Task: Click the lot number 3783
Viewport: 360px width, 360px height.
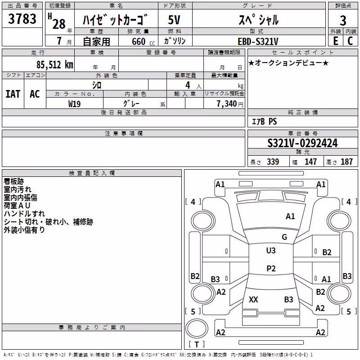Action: pos(22,19)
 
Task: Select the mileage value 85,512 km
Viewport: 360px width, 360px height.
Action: pos(55,65)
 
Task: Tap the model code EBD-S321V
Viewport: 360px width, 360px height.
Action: pos(258,41)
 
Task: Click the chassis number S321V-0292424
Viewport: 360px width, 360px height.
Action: pos(302,143)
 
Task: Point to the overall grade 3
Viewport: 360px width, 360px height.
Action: pos(343,21)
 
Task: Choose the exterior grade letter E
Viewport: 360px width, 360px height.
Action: pos(335,41)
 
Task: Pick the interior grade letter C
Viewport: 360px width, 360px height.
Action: pos(350,41)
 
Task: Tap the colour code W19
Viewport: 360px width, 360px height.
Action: pos(74,104)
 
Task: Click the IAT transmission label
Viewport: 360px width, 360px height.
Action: pos(13,94)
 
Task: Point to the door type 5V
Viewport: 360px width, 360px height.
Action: pos(174,20)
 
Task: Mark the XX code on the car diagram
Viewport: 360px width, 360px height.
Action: pos(253,299)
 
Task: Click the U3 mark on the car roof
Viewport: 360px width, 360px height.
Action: pos(271,250)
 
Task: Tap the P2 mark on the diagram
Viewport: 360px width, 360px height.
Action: pos(271,268)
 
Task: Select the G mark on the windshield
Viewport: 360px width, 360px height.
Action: pos(284,237)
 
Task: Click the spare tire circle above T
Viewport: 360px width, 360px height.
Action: pos(197,328)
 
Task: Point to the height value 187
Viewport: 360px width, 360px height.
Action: pos(346,162)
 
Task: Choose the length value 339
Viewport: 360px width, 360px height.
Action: pos(273,162)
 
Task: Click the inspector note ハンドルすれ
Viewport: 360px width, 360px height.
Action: pos(24,214)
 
